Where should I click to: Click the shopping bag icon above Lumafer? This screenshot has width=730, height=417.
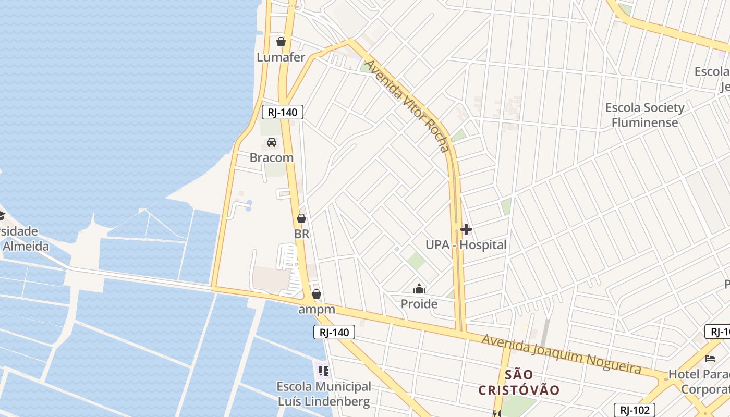(281, 42)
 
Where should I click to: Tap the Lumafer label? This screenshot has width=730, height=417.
(281, 57)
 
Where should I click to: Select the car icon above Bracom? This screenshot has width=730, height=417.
(272, 142)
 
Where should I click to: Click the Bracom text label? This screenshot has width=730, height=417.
(272, 157)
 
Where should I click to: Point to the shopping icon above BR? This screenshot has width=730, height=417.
(301, 218)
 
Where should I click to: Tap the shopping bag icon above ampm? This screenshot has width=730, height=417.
(316, 295)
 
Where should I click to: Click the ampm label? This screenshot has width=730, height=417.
(317, 310)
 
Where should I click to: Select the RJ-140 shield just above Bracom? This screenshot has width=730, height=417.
(283, 112)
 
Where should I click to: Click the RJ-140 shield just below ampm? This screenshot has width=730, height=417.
(334, 332)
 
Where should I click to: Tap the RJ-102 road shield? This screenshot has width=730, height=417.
(634, 410)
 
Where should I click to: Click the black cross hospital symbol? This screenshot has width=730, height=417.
(466, 229)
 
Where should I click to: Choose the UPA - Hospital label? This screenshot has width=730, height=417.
(466, 244)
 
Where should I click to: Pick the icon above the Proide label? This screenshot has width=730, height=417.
(419, 289)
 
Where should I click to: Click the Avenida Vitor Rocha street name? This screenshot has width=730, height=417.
(407, 106)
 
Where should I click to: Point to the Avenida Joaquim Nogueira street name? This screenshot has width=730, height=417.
(561, 354)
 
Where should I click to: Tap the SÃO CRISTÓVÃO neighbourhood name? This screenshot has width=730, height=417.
(519, 382)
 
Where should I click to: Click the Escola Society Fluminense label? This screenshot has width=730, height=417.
(644, 115)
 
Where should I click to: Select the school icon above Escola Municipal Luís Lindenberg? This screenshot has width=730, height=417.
(324, 371)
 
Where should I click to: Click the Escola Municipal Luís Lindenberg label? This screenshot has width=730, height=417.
(324, 394)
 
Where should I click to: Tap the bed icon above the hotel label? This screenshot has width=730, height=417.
(710, 359)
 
